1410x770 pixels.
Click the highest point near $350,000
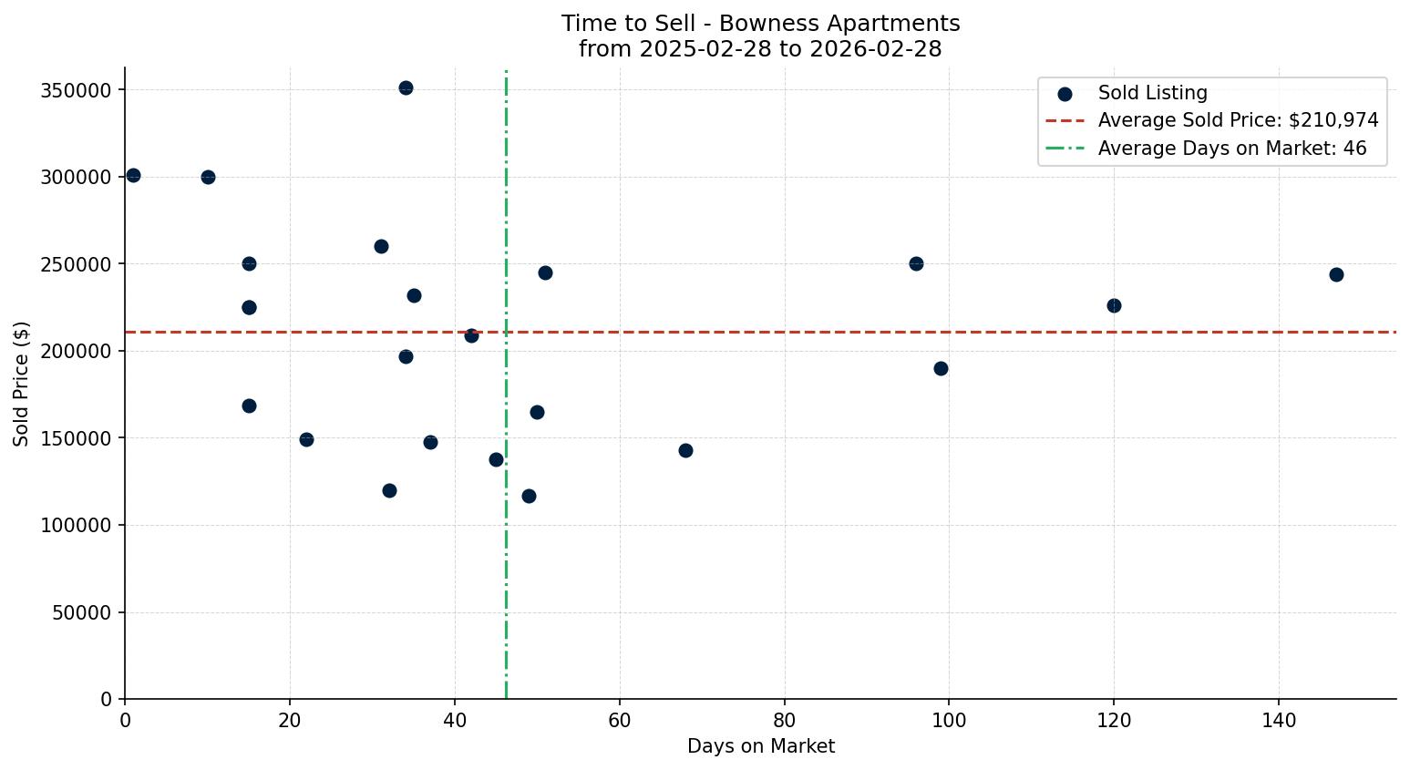coord(406,88)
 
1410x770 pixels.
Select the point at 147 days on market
coord(1336,275)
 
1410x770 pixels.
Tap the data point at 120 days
coord(1114,306)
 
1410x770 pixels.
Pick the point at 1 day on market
coord(133,176)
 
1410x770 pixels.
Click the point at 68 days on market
coord(685,451)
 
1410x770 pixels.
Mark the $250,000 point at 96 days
coord(916,264)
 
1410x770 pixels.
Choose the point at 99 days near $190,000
coord(941,369)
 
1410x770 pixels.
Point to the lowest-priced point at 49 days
coord(529,497)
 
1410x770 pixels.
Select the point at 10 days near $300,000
coord(208,178)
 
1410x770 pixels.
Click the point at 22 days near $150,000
coord(306,440)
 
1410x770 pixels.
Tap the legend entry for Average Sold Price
coord(1238,120)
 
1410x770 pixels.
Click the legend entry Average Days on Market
coord(1231,149)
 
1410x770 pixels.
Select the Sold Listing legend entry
coord(1152,93)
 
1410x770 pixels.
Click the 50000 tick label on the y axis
coord(81,612)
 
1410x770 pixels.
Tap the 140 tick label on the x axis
coord(1279,720)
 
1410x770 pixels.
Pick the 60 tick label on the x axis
coord(620,720)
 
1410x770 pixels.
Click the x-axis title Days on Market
coord(760,746)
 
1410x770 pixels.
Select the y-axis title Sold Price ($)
coord(22,384)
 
